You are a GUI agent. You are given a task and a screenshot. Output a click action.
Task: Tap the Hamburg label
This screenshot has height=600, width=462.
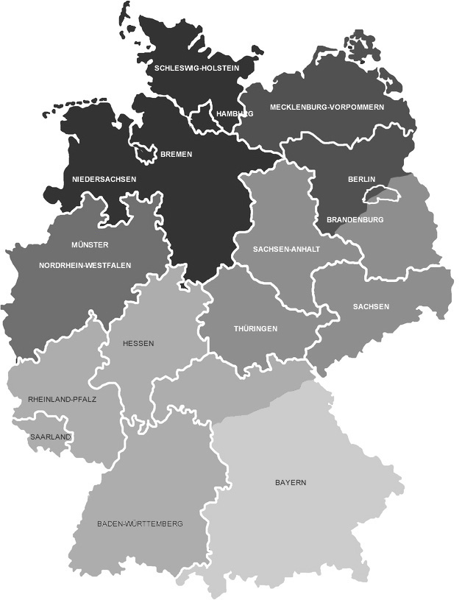tap(235, 114)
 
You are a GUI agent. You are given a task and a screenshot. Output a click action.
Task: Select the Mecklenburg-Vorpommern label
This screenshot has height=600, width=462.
tap(327, 107)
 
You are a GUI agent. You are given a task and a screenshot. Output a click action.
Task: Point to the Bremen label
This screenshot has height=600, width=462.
tap(176, 155)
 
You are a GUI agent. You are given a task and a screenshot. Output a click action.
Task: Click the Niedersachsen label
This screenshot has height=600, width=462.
tap(104, 179)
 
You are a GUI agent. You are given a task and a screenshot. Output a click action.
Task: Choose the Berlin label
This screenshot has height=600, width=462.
tap(362, 179)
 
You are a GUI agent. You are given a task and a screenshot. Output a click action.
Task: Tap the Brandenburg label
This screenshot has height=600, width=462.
tap(355, 219)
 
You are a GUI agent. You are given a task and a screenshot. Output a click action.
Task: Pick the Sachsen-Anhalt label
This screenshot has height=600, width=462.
tap(286, 250)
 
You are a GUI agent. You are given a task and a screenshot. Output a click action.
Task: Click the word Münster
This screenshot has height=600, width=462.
tap(90, 244)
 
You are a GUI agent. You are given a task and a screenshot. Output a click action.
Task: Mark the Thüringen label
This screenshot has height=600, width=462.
tap(255, 328)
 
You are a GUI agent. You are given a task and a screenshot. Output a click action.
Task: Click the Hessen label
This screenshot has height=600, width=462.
tap(138, 344)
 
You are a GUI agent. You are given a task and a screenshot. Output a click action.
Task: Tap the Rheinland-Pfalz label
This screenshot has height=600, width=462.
tap(63, 399)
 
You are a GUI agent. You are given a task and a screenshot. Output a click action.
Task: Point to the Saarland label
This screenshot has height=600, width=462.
tap(50, 437)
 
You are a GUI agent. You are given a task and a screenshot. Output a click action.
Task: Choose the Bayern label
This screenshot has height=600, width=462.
tap(291, 483)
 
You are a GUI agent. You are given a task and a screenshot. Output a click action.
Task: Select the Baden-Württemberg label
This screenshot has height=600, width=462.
tap(140, 524)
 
